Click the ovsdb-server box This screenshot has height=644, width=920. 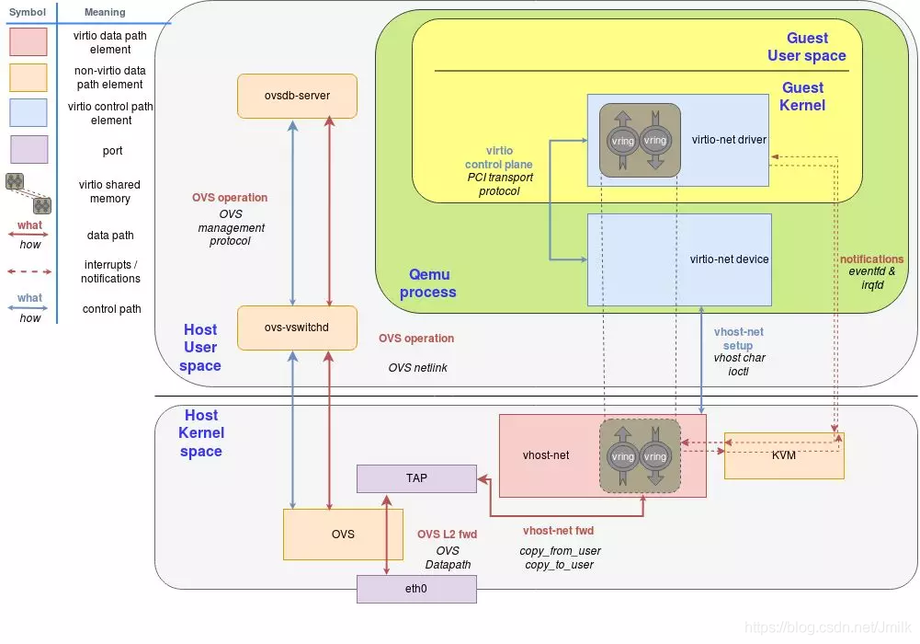[x=296, y=96]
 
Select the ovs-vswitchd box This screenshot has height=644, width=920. [x=296, y=328]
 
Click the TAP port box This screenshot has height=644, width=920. [x=416, y=478]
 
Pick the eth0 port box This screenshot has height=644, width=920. [x=416, y=589]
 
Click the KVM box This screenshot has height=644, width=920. [x=784, y=455]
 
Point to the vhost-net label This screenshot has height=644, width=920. [x=546, y=455]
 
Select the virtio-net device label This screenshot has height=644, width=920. [x=729, y=259]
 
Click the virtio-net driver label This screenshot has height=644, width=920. [x=729, y=140]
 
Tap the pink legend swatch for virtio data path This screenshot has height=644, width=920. [x=28, y=42]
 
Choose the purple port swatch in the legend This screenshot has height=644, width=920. [x=28, y=150]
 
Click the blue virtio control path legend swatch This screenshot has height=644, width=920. [x=28, y=112]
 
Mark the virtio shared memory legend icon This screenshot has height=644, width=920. [x=28, y=191]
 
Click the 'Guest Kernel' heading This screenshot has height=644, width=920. [x=802, y=97]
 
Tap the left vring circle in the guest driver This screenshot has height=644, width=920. [x=622, y=141]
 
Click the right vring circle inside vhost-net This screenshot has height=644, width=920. [x=654, y=456]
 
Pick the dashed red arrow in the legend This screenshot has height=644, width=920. [x=29, y=271]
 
